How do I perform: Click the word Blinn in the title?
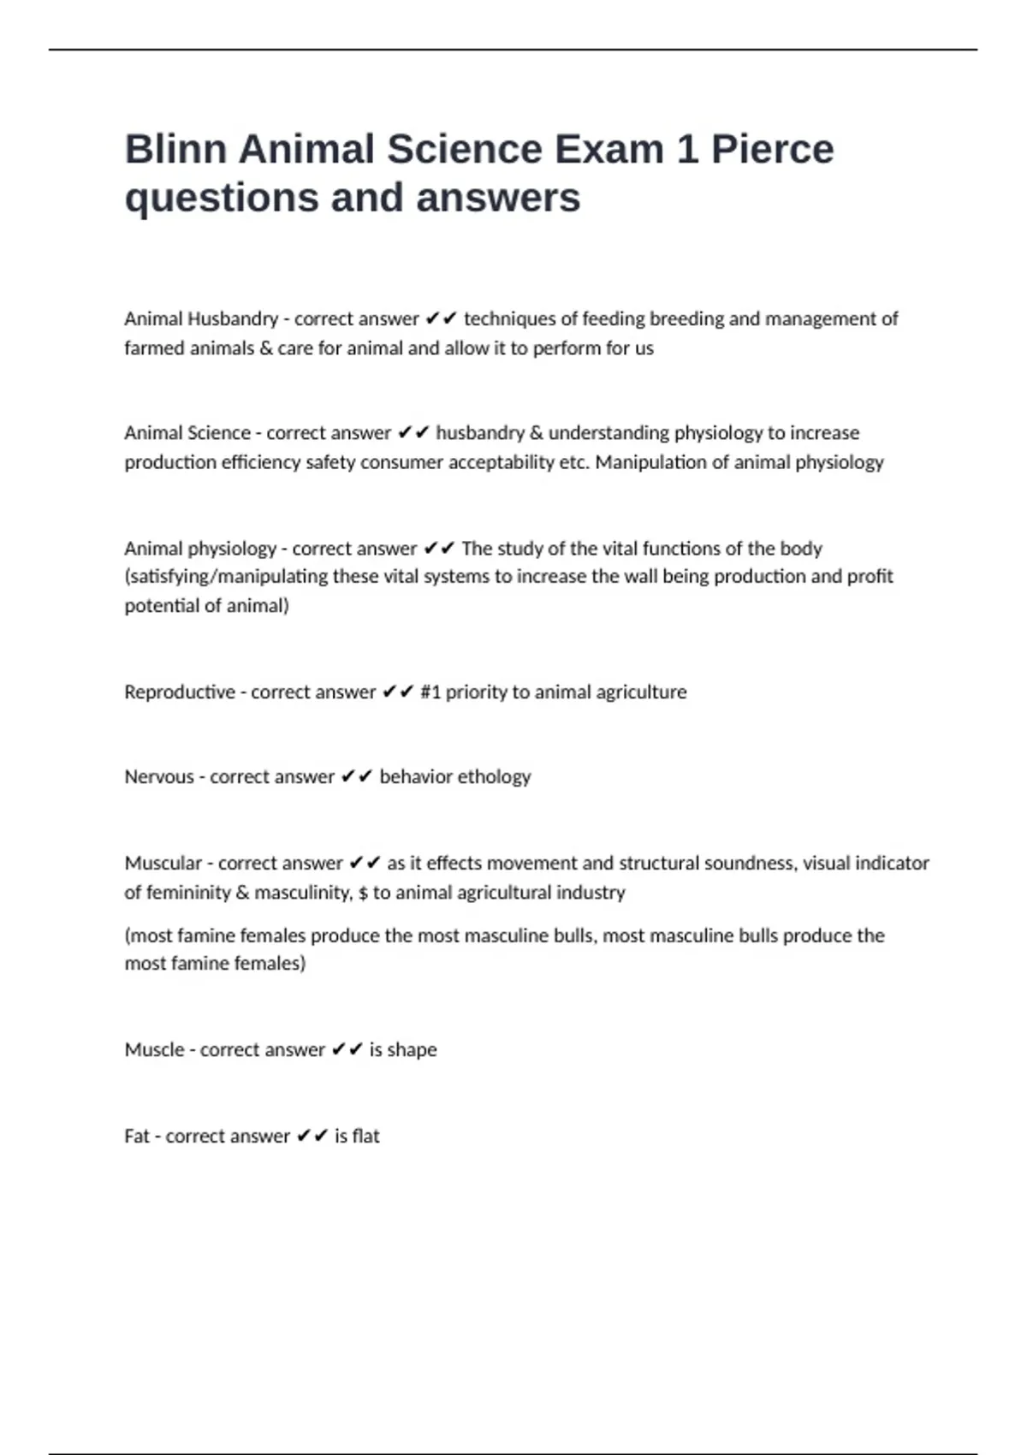click(x=175, y=150)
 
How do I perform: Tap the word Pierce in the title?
click(x=772, y=150)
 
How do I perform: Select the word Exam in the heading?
click(x=608, y=150)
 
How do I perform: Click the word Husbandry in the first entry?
click(x=232, y=319)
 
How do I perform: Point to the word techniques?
click(x=508, y=319)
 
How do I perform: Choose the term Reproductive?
click(x=179, y=692)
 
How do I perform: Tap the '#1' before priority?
click(x=430, y=692)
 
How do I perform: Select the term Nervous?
click(x=159, y=777)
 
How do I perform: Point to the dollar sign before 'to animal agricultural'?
click(x=364, y=893)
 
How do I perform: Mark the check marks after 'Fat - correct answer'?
click(x=312, y=1137)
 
